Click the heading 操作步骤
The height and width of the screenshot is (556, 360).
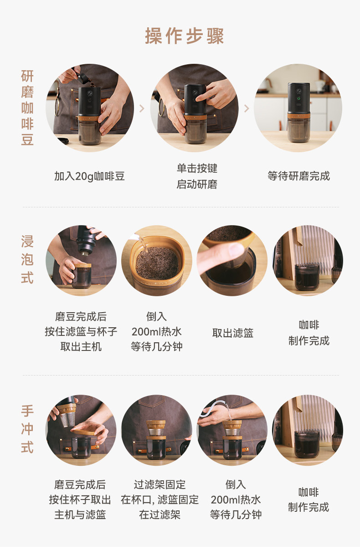[x=185, y=36]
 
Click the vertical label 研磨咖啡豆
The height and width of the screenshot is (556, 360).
[x=27, y=108]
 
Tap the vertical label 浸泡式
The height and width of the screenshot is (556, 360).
[x=27, y=259]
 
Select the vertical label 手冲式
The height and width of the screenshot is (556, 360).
[x=27, y=429]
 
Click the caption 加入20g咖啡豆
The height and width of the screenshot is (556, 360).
[x=89, y=176]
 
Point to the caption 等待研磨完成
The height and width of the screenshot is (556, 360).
[x=298, y=176]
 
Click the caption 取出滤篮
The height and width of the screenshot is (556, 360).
[x=233, y=333]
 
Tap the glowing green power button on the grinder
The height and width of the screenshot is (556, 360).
[x=298, y=98]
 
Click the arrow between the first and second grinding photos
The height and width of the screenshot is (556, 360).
[x=142, y=108]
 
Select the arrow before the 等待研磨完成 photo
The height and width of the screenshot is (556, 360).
[x=247, y=108]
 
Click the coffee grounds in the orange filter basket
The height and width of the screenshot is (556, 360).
[x=157, y=263]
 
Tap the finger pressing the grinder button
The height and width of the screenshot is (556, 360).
[x=202, y=97]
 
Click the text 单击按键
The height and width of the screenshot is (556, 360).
[x=197, y=168]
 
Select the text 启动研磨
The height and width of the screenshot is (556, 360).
[x=197, y=184]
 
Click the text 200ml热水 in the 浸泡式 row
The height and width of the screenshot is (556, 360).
[x=156, y=332]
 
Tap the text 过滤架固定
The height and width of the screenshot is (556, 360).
[x=159, y=484]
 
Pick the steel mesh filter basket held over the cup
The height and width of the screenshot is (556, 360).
[x=67, y=420]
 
